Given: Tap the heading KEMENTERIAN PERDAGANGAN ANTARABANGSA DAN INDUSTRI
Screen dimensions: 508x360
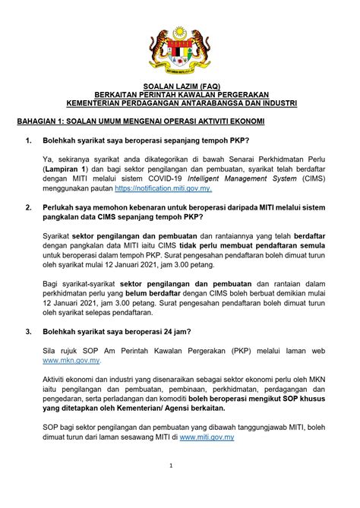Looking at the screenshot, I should (180, 103).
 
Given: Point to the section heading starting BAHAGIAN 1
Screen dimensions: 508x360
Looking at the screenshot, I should (141, 121).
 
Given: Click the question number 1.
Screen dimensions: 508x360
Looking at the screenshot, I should (28, 141).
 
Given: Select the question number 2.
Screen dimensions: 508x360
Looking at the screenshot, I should (28, 207).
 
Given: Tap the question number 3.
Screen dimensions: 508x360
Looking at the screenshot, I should (28, 331).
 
